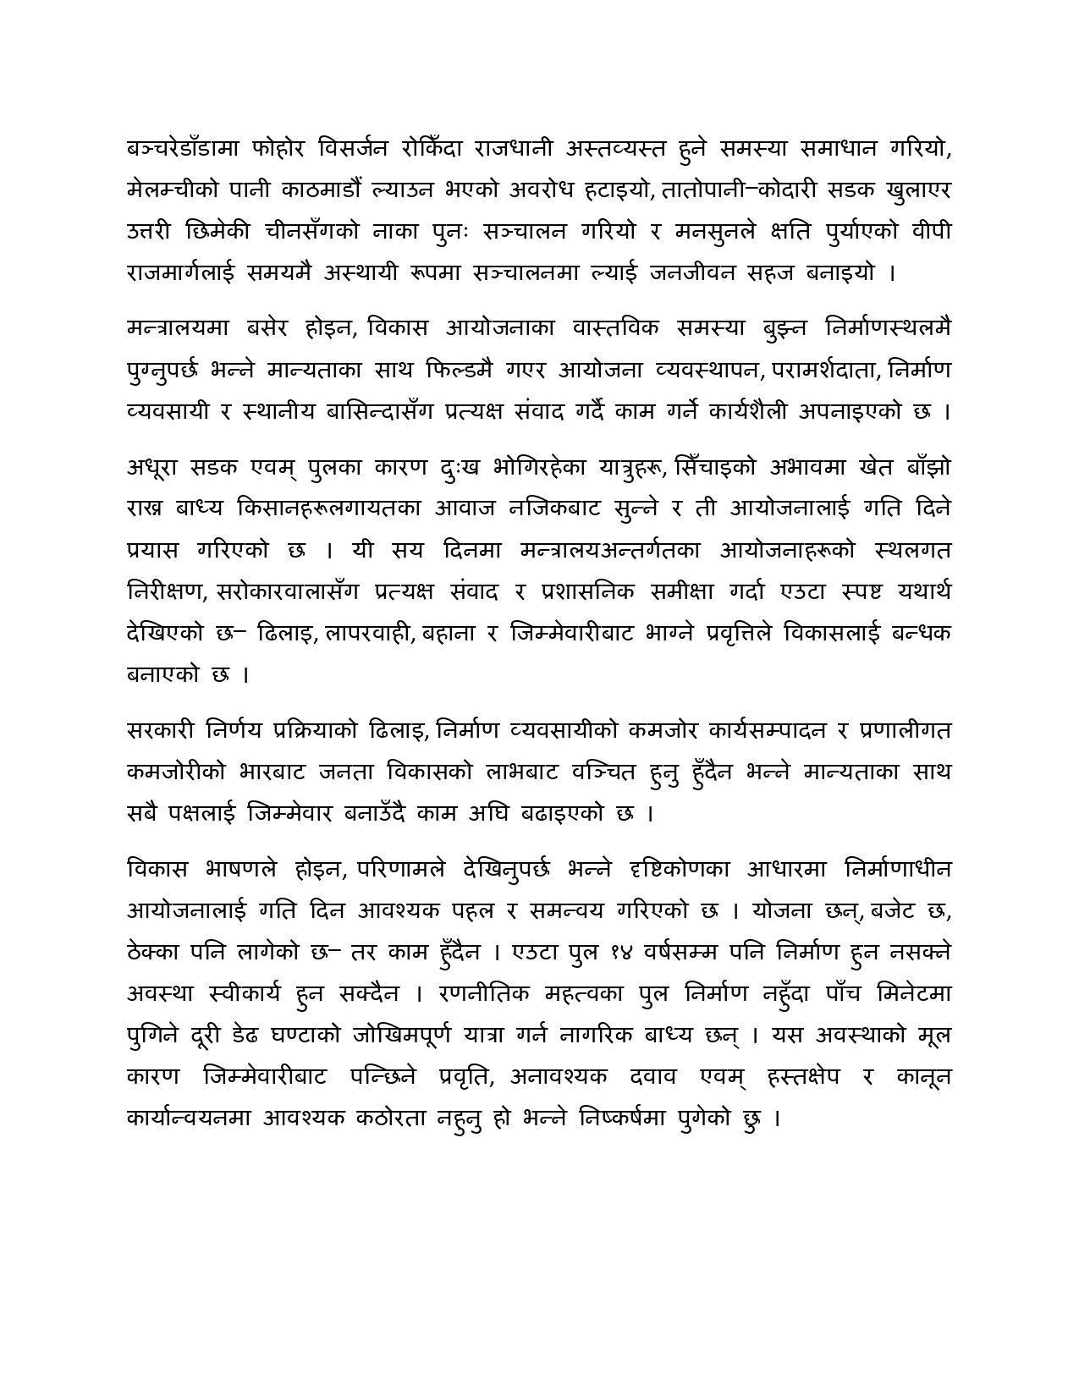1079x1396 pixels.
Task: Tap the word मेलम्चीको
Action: pos(166,190)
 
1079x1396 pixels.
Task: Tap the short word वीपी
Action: pos(931,232)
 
